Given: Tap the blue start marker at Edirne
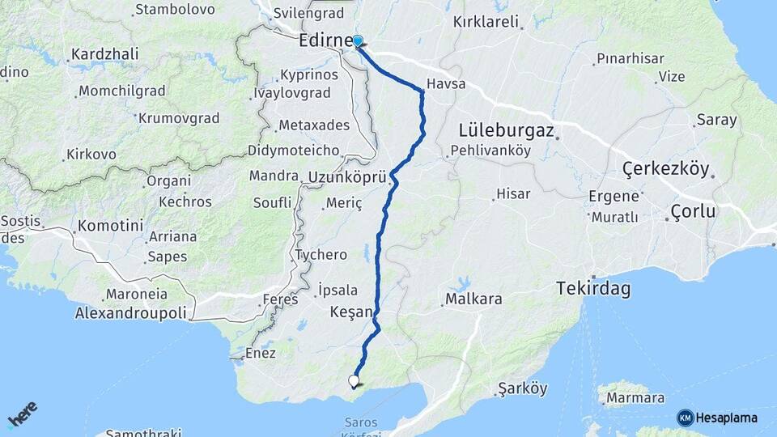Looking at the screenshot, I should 357,40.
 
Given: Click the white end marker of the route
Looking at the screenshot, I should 354,380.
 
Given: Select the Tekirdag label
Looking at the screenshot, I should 593,288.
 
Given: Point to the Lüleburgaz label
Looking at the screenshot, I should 506,130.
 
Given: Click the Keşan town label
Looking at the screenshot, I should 351,312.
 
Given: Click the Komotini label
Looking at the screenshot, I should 110,226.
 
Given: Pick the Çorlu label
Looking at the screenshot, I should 693,212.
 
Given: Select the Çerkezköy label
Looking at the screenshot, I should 665,170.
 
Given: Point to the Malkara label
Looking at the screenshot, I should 473,299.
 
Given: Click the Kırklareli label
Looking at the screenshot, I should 486,23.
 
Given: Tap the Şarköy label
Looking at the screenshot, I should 523,388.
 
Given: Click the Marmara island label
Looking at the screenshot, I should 635,398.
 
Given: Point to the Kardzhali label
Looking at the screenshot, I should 104,54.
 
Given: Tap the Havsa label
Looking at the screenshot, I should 444,84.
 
